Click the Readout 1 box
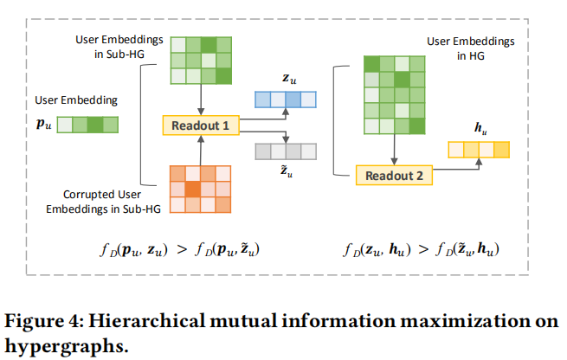pyautogui.click(x=200, y=126)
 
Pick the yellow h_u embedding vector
pyautogui.click(x=479, y=151)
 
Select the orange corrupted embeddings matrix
pyautogui.click(x=200, y=188)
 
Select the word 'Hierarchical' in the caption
pyautogui.click(x=139, y=320)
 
